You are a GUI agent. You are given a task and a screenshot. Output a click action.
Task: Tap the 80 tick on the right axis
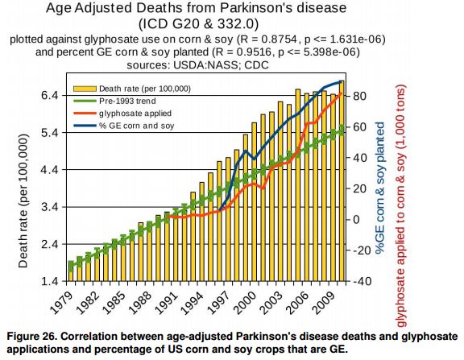[359, 96]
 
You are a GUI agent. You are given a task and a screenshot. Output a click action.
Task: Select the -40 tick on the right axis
[362, 281]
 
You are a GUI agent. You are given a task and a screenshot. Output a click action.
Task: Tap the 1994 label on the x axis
[193, 303]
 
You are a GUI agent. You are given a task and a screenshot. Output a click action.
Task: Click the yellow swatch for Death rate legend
[85, 89]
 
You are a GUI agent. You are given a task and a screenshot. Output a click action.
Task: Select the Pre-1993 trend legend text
[127, 101]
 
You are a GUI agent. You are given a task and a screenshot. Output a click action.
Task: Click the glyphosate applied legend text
[135, 114]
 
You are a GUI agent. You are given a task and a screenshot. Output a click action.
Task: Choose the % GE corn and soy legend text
[137, 126]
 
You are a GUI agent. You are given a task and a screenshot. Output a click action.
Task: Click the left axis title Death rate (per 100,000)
[23, 201]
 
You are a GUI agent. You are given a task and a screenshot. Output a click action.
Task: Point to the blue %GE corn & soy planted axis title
[380, 188]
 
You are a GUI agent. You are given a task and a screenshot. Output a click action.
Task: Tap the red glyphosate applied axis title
[400, 206]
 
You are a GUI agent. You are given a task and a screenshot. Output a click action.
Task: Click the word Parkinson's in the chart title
[257, 8]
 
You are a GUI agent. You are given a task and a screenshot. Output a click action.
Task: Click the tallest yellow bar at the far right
[342, 180]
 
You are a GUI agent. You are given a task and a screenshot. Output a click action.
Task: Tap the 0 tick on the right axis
[356, 220]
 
